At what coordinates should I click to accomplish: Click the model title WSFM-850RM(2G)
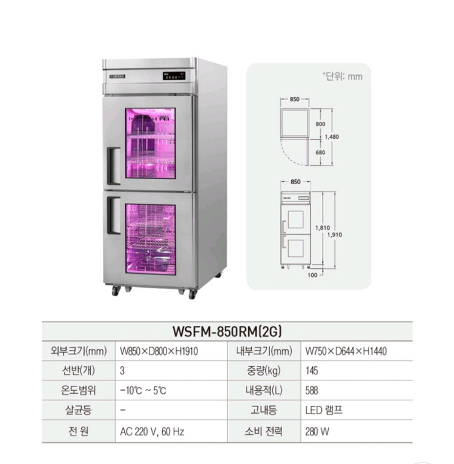[x=227, y=331]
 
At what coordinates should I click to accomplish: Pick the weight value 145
[x=312, y=370]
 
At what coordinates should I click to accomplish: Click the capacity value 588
[x=312, y=391]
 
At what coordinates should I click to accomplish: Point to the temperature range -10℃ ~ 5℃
[x=143, y=391]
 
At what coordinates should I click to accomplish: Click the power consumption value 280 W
[x=317, y=432]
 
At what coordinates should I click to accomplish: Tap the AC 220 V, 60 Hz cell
[x=152, y=432]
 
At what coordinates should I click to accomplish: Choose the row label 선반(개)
[x=81, y=370]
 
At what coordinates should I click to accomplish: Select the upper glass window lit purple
[x=150, y=144]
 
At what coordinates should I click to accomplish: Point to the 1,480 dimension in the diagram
[x=332, y=137]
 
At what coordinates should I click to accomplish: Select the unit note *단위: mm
[x=343, y=76]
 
